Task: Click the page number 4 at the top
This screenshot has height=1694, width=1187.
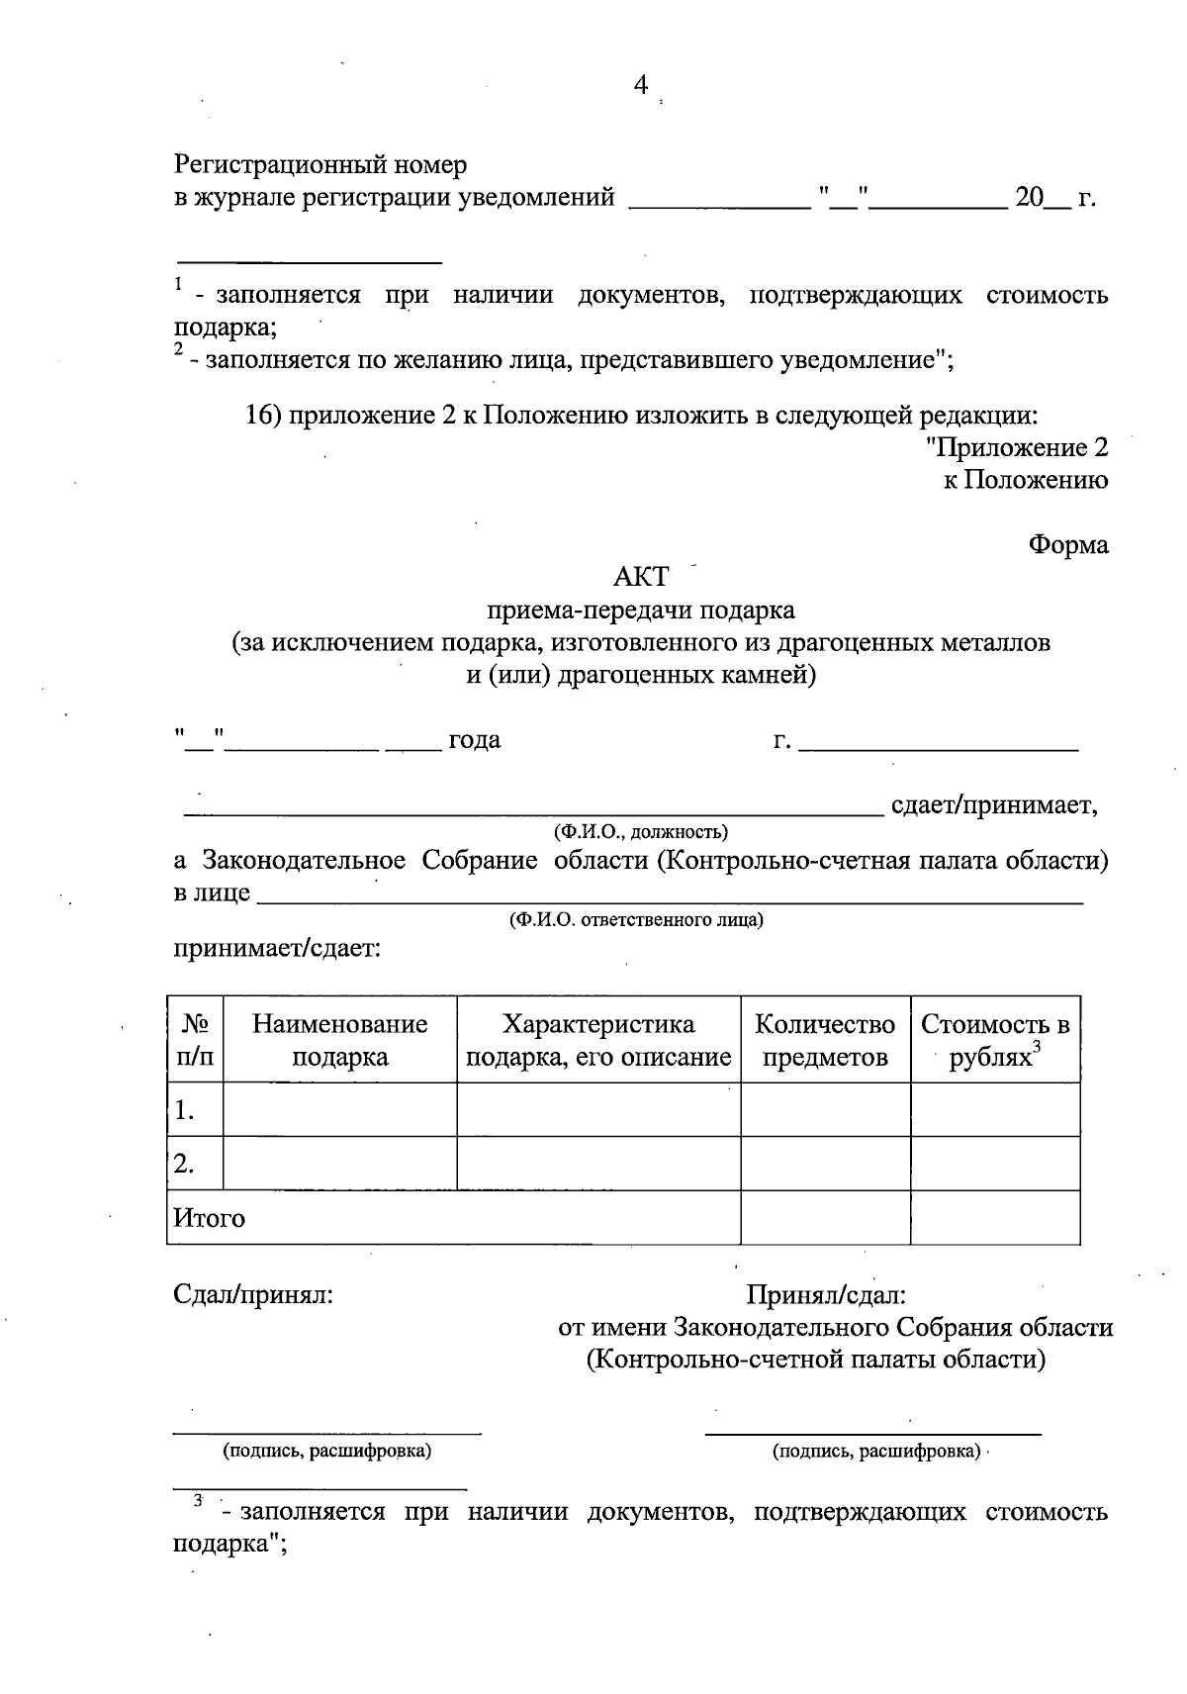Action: pos(640,86)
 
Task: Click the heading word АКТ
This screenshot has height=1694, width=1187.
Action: pos(641,576)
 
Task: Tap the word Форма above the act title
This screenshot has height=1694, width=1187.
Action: pos(1067,544)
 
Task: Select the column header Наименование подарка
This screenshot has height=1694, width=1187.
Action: pos(339,1040)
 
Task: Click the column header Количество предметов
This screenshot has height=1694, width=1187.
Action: pos(825,1040)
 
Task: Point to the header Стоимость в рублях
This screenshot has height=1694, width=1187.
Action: pos(995,1040)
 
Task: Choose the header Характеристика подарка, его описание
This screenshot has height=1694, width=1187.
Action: pos(598,1040)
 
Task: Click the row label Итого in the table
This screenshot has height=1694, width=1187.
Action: pos(209,1218)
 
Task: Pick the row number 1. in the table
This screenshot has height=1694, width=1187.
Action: pos(184,1111)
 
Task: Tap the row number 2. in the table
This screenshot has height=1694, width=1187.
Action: pos(184,1165)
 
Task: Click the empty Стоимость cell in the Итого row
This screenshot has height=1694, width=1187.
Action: pos(995,1218)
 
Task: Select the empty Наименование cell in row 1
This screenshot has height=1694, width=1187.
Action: pos(339,1110)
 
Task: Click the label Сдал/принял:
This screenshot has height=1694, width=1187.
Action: pos(253,1294)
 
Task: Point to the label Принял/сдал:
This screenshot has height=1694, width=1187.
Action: pos(826,1294)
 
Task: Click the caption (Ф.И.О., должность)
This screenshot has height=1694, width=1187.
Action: pos(641,831)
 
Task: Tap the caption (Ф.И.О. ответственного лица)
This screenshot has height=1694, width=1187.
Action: pos(636,920)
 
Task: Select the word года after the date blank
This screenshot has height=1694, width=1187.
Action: pos(475,740)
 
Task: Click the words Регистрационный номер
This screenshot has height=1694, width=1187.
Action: pos(320,164)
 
